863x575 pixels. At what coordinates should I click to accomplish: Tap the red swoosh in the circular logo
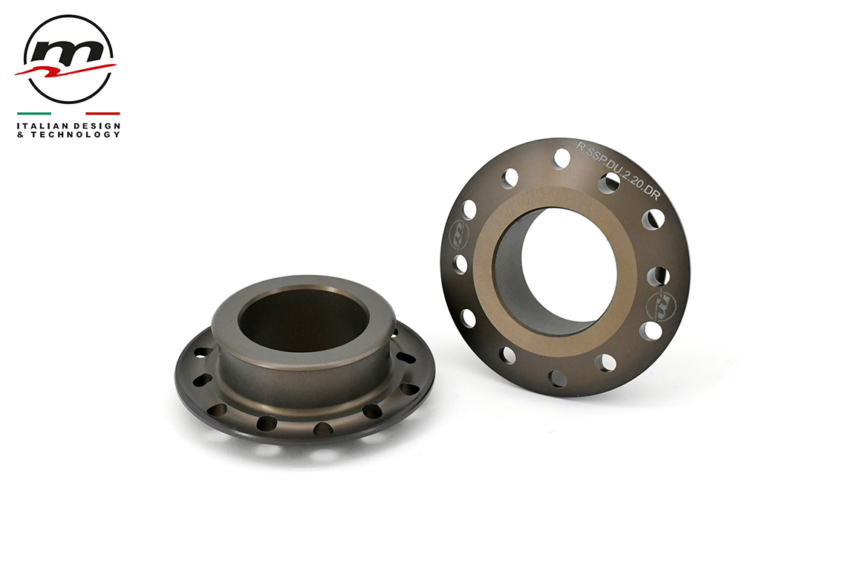65,71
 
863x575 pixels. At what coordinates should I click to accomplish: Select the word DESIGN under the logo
96,126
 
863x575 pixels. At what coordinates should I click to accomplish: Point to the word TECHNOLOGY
75,134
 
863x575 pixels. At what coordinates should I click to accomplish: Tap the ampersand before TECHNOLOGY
20,134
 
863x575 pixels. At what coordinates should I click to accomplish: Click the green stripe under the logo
33,114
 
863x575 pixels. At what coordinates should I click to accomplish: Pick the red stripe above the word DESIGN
102,114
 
